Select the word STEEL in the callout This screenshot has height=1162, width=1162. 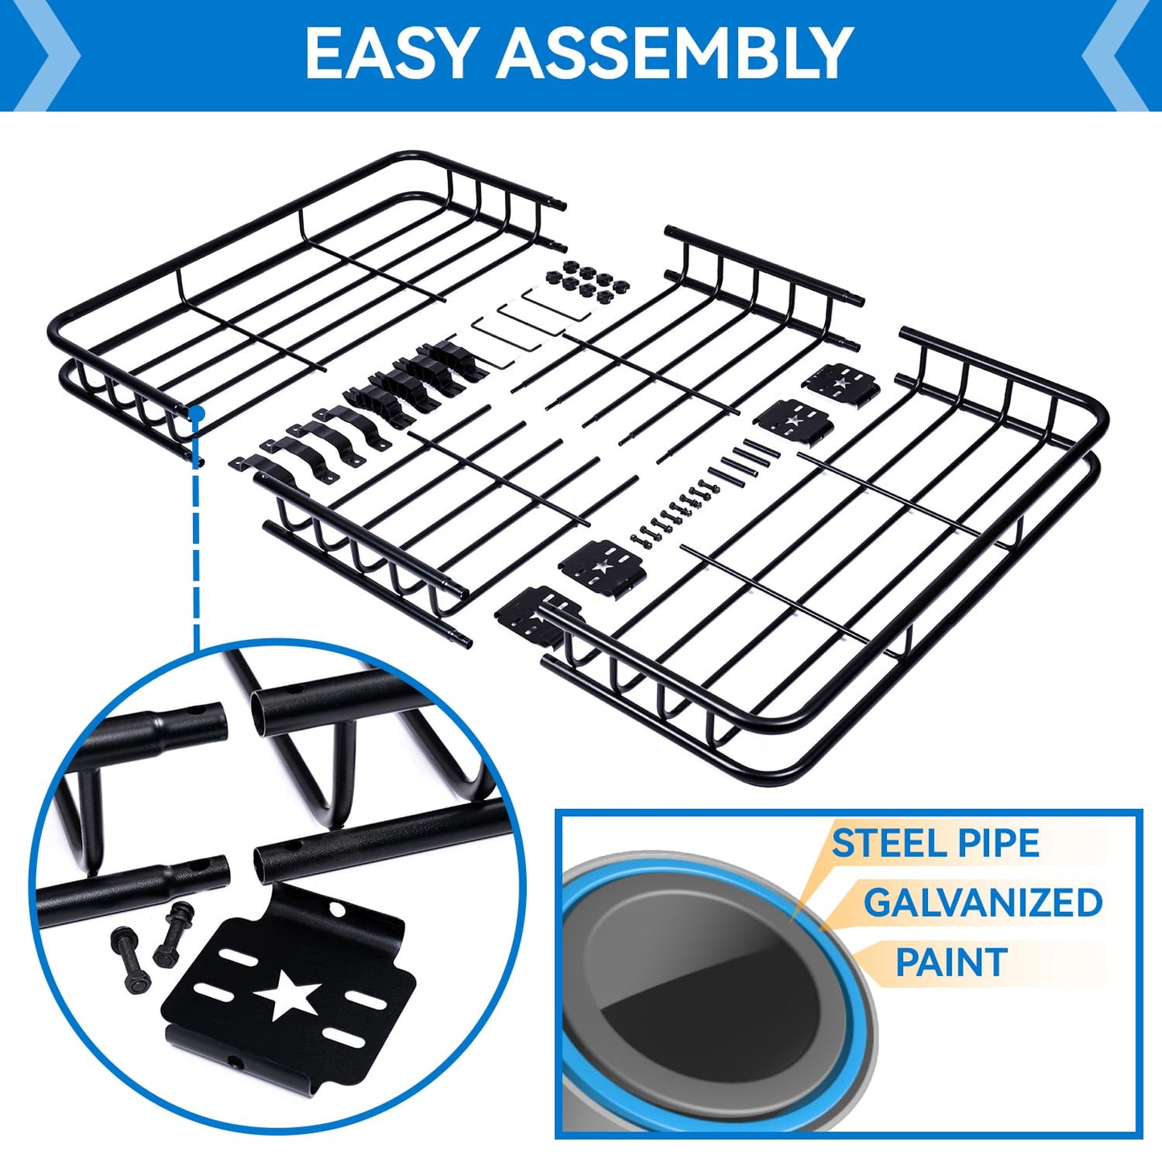[x=881, y=844]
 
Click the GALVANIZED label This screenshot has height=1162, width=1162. [x=983, y=903]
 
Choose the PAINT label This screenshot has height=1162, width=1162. [x=951, y=963]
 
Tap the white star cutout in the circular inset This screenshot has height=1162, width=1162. [x=285, y=994]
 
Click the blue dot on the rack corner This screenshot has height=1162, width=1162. [x=195, y=413]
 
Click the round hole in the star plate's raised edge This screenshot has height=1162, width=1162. [x=335, y=909]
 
